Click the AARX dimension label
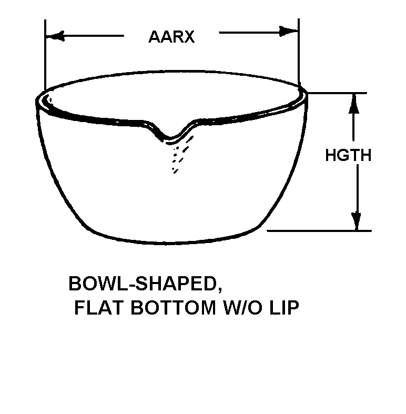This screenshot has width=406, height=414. (171, 37)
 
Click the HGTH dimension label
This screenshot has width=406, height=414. (348, 156)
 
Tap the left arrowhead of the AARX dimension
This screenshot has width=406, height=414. (54, 36)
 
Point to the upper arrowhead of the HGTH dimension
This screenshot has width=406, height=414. (354, 103)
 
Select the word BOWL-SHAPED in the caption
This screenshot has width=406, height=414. (141, 284)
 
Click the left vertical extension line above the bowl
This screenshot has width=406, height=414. (46, 53)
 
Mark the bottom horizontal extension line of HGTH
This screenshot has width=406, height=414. (321, 230)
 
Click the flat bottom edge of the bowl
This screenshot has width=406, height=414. (174, 243)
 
